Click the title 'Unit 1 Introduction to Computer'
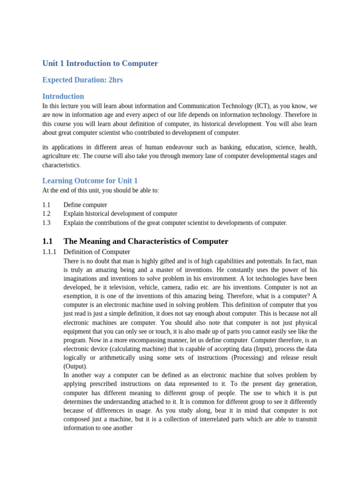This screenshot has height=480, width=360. pos(100,63)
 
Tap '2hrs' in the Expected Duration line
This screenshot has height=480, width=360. pos(115,80)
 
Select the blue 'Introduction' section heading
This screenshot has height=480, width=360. pos(63,96)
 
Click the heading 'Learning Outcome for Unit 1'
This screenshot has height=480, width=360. pos(90,180)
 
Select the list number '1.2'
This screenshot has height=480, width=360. pos(46,214)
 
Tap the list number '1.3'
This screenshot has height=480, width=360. pos(46,223)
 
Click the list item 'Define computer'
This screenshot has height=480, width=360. pos(85,205)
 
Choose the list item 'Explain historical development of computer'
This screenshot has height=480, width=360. pos(120,214)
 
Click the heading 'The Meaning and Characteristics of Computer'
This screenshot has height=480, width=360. pos(146,241)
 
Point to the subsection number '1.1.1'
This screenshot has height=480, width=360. pos(49,252)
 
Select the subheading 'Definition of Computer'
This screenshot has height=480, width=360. pos(97,252)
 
